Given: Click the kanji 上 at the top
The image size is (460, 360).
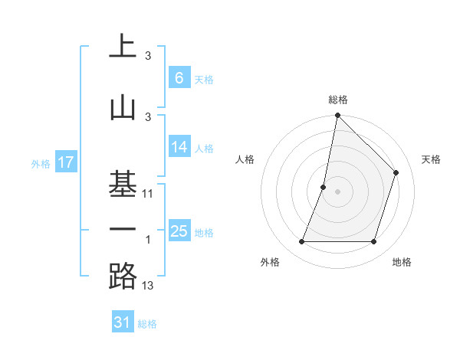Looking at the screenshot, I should [x=123, y=47].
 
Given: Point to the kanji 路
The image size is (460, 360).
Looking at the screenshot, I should [x=123, y=277].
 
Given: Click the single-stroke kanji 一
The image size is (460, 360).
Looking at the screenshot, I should [x=123, y=230].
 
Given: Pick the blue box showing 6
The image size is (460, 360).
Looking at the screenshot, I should [x=179, y=77].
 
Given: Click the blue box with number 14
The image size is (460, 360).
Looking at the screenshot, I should [x=179, y=147].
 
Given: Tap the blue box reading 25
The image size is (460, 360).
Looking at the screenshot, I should [x=179, y=231].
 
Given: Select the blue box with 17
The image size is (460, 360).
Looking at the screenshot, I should [x=66, y=162].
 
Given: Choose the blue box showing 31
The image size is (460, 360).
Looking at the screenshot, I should [x=123, y=323].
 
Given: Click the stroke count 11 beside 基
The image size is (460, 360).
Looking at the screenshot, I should [x=149, y=194].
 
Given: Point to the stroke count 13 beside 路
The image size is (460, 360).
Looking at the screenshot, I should [x=149, y=286].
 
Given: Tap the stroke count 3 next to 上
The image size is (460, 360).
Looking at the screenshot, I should [x=148, y=56].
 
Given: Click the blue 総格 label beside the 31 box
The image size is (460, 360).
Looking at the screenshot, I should [x=147, y=325].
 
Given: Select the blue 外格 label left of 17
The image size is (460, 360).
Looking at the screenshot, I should [x=40, y=163].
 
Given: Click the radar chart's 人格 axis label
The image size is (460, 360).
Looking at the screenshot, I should [x=245, y=159].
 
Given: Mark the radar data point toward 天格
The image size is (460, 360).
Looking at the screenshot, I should [x=396, y=172].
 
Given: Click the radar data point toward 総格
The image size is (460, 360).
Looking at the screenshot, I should [x=337, y=115].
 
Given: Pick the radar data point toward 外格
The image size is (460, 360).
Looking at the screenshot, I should [x=301, y=242].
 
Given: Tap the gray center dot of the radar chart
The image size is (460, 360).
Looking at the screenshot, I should [x=337, y=191].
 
